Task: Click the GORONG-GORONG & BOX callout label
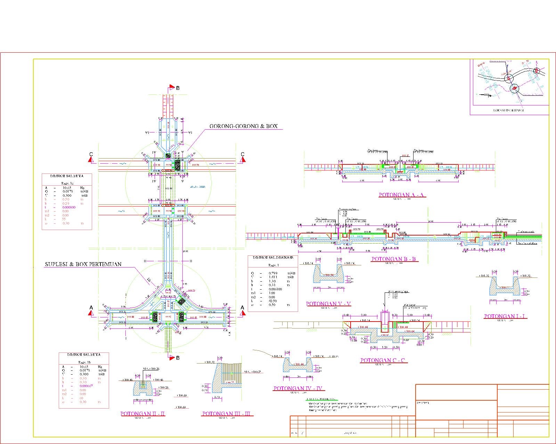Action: click(x=243, y=127)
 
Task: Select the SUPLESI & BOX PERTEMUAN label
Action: click(x=83, y=264)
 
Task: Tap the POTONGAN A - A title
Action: click(x=402, y=195)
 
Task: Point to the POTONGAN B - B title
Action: click(x=394, y=259)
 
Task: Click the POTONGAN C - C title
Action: click(x=383, y=360)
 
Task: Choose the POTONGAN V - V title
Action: click(x=328, y=304)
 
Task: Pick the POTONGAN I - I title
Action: click(x=506, y=316)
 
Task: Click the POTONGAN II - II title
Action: click(x=143, y=414)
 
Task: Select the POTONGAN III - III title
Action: click(x=228, y=414)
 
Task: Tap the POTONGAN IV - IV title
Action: click(x=298, y=388)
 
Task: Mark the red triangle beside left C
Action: click(x=91, y=160)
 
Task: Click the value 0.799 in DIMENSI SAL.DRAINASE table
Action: click(x=273, y=273)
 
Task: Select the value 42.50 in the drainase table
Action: click(x=273, y=301)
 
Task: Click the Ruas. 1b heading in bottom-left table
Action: click(x=83, y=361)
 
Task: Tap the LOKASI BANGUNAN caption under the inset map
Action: click(x=509, y=110)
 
